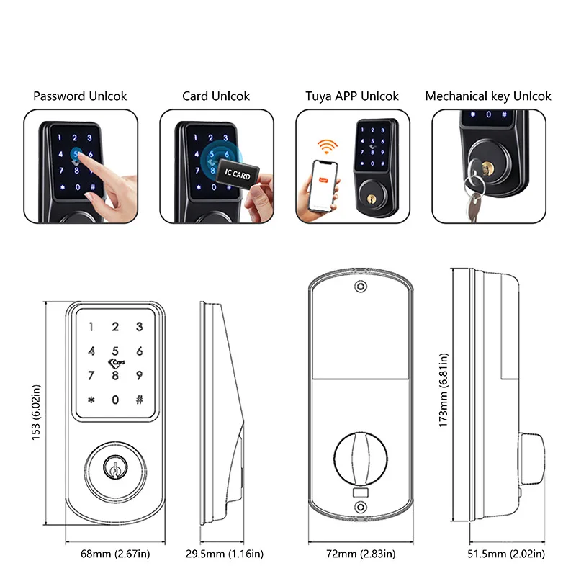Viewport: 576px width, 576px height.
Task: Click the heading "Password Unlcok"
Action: click(80, 96)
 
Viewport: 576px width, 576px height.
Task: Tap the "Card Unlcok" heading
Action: click(215, 96)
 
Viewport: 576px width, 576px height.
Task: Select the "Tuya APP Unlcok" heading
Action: click(351, 96)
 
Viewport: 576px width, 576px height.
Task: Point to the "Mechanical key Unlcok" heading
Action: click(487, 96)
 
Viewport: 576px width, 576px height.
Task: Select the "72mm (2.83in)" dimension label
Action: click(358, 554)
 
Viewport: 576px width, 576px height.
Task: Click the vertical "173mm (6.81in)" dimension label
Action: click(444, 400)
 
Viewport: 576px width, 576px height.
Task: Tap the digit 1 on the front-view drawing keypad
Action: click(91, 328)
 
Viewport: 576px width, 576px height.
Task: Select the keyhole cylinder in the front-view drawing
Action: click(114, 466)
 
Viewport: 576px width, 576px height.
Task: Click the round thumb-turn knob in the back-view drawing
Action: click(358, 457)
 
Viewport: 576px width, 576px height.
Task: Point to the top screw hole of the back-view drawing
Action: click(358, 287)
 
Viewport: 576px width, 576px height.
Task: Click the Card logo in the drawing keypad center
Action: click(115, 354)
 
